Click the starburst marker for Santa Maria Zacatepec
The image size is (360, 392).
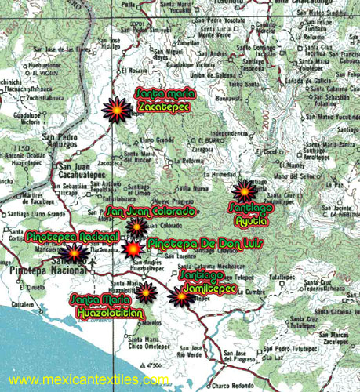(118, 110)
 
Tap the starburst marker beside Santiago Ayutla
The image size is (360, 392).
(245, 191)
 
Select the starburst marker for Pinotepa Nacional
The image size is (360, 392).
(75, 252)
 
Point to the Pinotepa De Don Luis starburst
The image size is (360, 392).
(133, 249)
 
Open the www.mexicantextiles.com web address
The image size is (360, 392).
(89, 380)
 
